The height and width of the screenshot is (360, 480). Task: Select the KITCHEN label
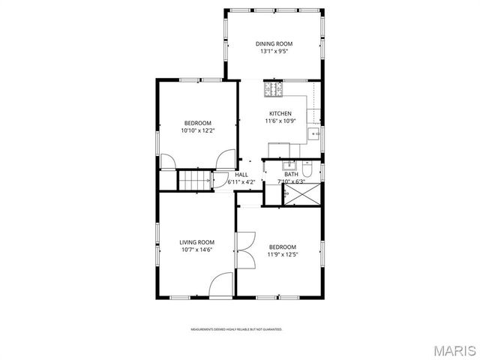point(280,113)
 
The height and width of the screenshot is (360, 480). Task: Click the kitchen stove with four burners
point(273,89)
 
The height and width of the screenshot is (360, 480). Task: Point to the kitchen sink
point(314,134)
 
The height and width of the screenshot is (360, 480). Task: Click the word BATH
point(291,174)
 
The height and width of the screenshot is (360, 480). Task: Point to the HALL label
point(241,174)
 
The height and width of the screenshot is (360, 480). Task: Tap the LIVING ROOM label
point(196,241)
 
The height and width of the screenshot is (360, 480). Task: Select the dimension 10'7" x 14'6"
point(196,250)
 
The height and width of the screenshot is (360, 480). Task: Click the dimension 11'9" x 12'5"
point(283,255)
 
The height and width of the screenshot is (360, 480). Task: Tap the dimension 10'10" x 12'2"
point(197,130)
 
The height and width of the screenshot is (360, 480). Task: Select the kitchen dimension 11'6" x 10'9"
point(280,121)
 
